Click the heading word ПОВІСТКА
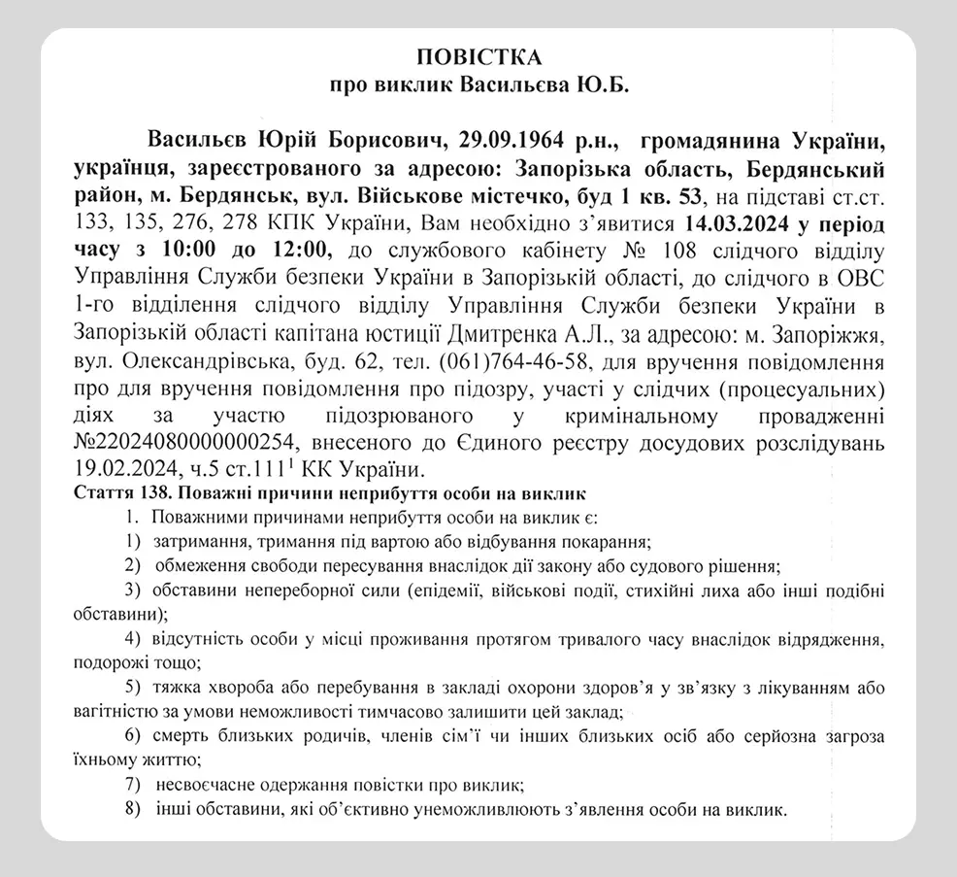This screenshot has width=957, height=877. click(x=478, y=55)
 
